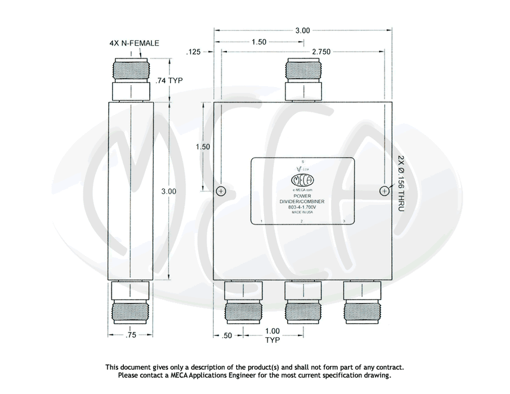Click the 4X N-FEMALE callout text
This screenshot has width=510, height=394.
tap(135, 43)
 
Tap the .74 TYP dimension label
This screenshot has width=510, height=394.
tap(170, 80)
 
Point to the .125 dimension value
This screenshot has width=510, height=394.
tap(194, 52)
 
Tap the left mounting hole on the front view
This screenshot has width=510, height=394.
tap(221, 191)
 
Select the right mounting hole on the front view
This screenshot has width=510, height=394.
tap(384, 191)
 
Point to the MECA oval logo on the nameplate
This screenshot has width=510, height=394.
tap(302, 181)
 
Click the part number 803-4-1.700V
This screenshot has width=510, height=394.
tap(302, 207)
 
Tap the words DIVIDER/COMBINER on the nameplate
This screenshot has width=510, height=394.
tap(302, 202)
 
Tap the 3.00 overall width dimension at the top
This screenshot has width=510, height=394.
tap(302, 31)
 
